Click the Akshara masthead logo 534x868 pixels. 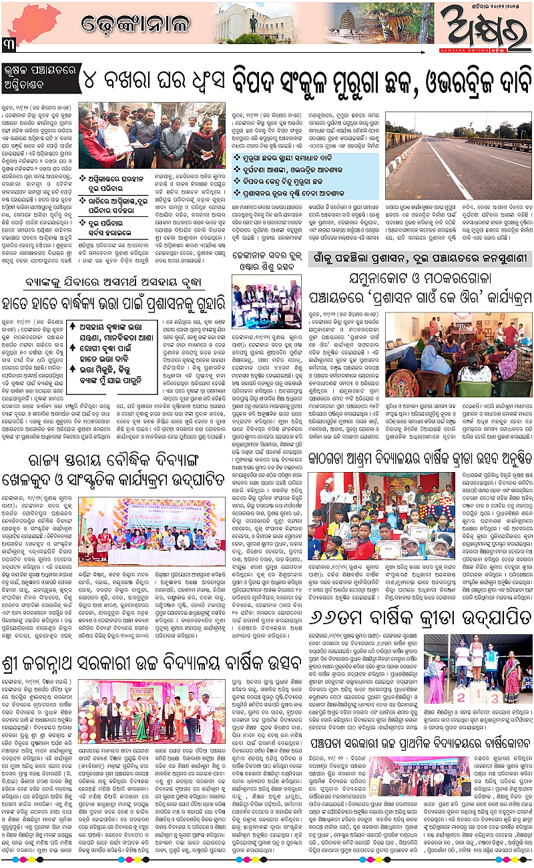[479, 25]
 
